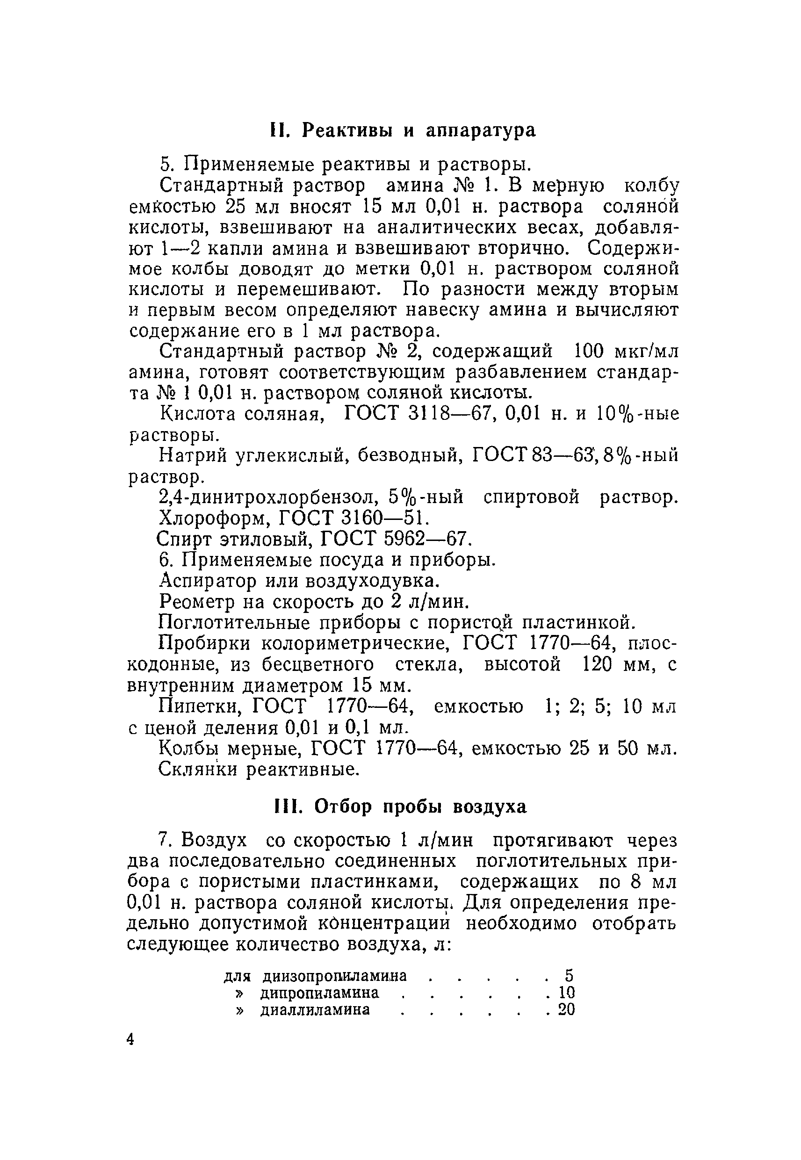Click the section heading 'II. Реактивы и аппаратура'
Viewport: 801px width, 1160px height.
(402, 130)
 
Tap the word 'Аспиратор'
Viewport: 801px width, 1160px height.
(207, 581)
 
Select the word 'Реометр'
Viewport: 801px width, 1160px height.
(197, 602)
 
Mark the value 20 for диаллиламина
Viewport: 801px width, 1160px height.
(567, 1009)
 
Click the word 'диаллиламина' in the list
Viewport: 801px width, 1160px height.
(315, 1009)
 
